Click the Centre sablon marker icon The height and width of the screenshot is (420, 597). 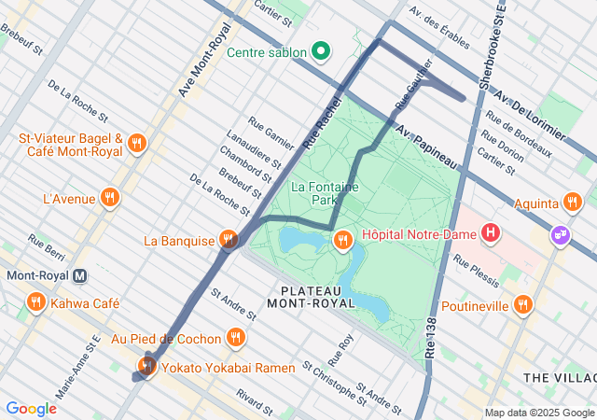coord(322,51)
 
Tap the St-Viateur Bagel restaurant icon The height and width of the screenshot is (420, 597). coord(137,144)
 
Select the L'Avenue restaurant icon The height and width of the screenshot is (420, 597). coord(110,197)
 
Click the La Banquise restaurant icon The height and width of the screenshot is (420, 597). coord(229,241)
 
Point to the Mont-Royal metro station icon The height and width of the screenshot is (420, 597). coord(81,275)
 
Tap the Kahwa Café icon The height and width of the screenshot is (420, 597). coord(36,302)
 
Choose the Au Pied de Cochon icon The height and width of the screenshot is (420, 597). coord(236,338)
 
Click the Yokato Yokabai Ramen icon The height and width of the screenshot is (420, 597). coord(147,366)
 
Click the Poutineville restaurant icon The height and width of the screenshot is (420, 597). coord(523,305)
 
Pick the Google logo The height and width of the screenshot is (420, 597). coord(31,408)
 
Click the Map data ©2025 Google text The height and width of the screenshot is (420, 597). coord(538,413)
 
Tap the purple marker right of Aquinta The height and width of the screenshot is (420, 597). coord(560,234)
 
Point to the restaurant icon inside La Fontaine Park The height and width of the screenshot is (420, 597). coord(343,241)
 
